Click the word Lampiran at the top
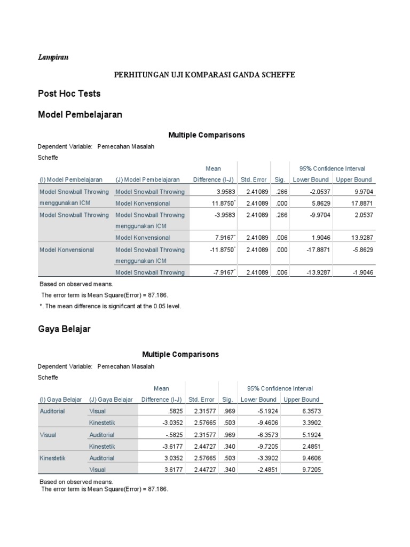click(52, 57)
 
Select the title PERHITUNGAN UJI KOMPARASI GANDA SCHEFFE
click(204, 75)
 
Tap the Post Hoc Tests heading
click(69, 93)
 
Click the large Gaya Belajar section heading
click(64, 329)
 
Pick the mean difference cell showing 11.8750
click(217, 203)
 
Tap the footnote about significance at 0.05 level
click(111, 306)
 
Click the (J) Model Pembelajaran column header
click(147, 180)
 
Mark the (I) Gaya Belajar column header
click(60, 400)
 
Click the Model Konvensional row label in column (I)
click(67, 249)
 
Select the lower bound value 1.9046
click(312, 238)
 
